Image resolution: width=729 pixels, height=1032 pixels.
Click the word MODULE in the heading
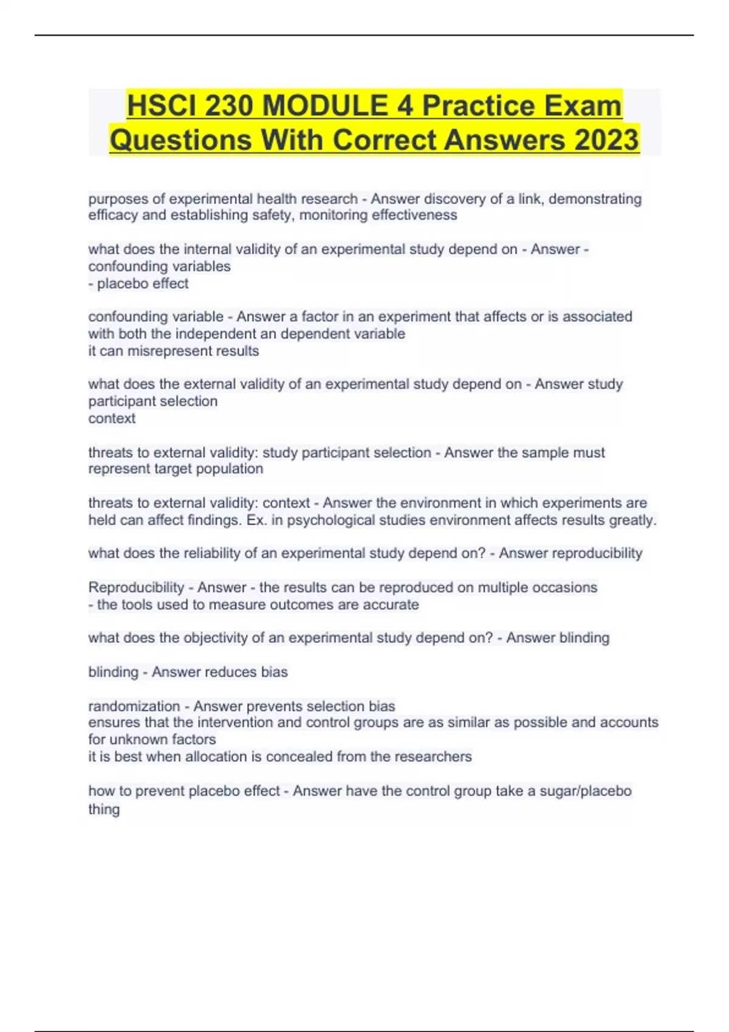(x=326, y=106)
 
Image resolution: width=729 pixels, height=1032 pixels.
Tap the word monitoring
(x=334, y=216)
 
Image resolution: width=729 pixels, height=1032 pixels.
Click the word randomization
(x=134, y=707)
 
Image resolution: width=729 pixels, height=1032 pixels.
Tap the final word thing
(x=104, y=809)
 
